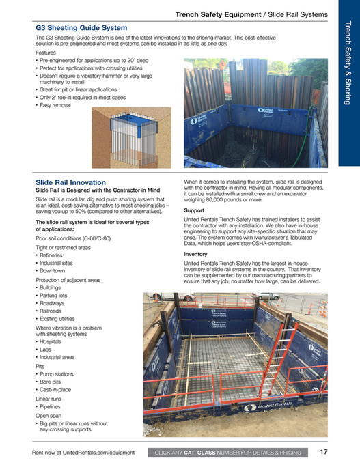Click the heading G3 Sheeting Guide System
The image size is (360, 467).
[x=81, y=28]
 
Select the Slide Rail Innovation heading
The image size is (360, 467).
[x=70, y=182]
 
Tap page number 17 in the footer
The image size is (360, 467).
[x=324, y=452]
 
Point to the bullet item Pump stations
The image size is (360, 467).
[x=60, y=373]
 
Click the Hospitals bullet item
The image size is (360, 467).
[x=55, y=341]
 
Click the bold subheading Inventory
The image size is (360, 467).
[x=197, y=253]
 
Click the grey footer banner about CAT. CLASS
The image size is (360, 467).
[x=228, y=453]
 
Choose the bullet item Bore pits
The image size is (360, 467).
[x=55, y=382]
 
